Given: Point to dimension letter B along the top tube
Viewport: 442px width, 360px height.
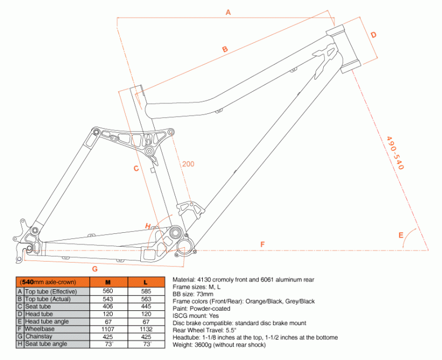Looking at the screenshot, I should [225, 50].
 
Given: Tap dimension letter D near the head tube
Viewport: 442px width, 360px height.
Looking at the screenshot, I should [373, 35].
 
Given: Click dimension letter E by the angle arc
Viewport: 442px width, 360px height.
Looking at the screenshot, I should [401, 235].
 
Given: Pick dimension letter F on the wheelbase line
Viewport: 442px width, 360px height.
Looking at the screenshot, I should [262, 244].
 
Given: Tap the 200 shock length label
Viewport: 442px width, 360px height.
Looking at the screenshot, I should [188, 164].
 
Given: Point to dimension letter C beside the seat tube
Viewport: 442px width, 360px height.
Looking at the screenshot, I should [135, 169].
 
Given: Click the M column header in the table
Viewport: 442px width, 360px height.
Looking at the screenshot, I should [108, 282].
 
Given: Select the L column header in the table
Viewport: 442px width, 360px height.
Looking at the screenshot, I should [146, 282].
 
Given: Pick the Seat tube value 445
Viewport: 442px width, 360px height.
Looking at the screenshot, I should [146, 306].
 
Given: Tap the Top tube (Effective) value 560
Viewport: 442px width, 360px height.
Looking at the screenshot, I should [108, 291].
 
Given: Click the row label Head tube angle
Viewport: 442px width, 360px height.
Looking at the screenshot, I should [49, 321].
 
